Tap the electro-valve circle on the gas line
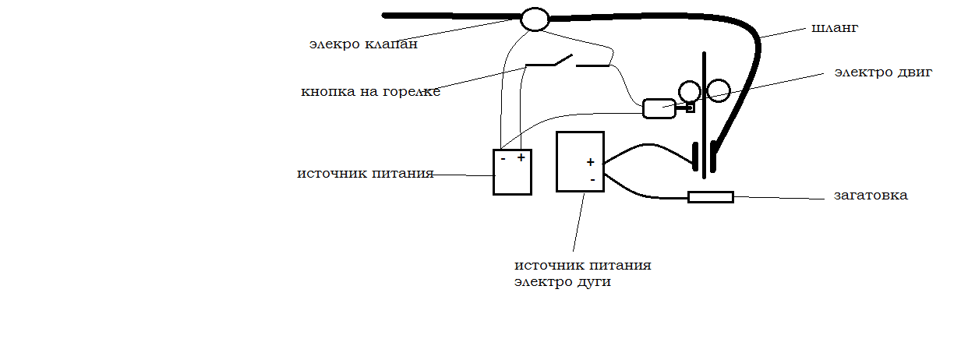535,19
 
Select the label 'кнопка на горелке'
371,92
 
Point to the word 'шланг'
835,28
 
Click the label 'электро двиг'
883,72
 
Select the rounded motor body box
659,108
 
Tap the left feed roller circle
689,92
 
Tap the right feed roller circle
718,92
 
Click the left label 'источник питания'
365,173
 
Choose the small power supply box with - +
512,172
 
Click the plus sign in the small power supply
521,157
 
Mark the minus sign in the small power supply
503,158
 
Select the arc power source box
580,161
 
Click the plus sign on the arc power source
591,162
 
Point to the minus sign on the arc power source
592,179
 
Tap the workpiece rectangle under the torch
710,197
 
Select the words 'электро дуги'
562,282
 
